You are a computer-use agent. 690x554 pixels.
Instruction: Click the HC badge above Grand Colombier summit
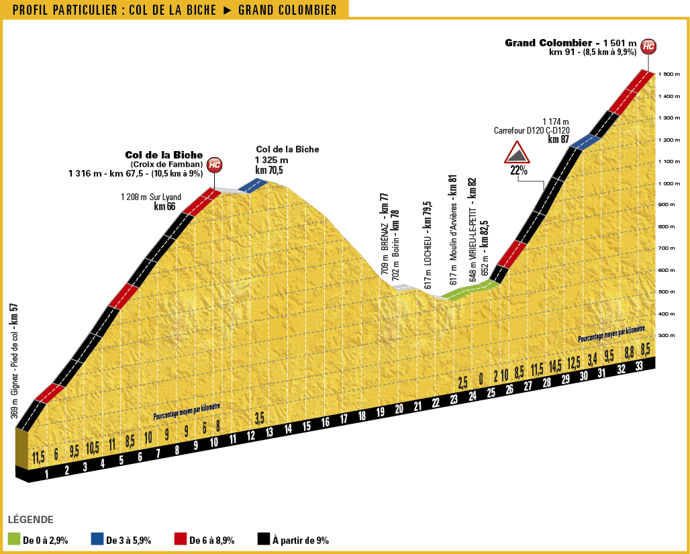[648, 46]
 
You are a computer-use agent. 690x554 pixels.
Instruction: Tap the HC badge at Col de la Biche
[214, 165]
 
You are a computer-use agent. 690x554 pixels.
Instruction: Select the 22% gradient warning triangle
[518, 154]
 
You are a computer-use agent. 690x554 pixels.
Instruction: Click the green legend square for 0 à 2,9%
[14, 539]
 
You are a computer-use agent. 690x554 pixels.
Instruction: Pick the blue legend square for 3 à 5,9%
[97, 539]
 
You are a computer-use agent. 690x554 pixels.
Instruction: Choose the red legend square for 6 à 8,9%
[180, 539]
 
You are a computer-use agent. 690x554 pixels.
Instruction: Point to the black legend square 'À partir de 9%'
[264, 539]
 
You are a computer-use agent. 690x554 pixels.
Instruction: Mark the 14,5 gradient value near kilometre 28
[554, 367]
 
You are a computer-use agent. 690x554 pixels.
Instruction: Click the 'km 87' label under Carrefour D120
[558, 139]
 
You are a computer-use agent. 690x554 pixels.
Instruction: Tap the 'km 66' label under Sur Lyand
[164, 207]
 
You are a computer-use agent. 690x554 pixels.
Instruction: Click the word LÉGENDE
[30, 520]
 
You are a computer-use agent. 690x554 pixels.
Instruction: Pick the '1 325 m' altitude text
[271, 160]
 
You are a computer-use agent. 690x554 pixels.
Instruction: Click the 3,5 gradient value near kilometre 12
[260, 419]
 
